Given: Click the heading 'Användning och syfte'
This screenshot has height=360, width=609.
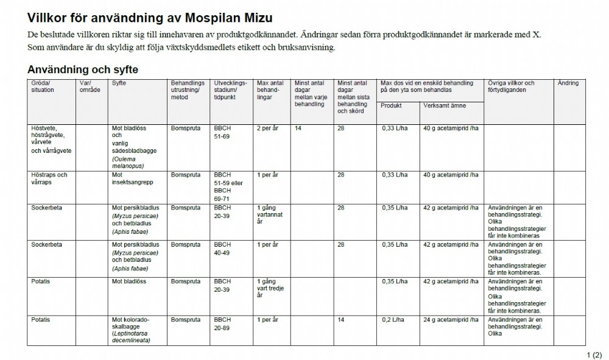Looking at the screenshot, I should point(83,69).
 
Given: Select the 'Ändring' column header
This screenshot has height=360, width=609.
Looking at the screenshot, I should point(568,83).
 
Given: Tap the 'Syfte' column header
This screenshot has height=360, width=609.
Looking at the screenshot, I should point(119,83).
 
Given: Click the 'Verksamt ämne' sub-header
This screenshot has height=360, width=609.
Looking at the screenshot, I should point(445,105).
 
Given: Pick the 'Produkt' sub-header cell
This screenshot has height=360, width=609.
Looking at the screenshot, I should point(391,105).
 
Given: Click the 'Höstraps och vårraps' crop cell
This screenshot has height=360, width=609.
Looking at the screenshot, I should point(49,178).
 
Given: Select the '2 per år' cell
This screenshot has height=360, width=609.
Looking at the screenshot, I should point(267,129).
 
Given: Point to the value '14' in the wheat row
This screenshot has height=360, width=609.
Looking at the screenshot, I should point(298,129).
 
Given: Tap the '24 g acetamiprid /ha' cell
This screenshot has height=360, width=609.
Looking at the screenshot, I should point(451,319).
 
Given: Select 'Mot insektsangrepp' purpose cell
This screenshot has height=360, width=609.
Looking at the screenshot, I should point(129,178).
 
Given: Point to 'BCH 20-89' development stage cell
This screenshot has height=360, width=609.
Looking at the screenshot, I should point(222,323).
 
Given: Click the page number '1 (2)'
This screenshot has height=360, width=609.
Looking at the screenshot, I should point(594,355).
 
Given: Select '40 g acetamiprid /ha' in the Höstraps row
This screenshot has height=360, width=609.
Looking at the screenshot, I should point(451,175).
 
